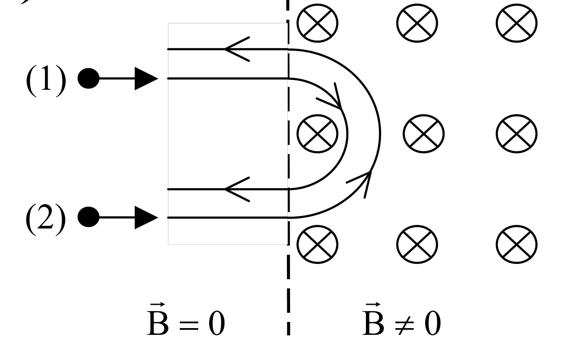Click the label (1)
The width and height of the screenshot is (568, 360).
[46, 81]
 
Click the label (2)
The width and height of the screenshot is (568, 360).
[46, 220]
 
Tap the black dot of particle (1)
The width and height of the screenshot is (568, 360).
[88, 79]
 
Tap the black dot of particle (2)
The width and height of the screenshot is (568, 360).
[88, 217]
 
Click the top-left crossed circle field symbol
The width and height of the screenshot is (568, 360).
[317, 23]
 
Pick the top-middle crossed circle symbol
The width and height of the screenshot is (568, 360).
[417, 23]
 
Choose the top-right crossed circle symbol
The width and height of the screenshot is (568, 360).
[516, 23]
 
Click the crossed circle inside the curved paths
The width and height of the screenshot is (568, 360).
[317, 134]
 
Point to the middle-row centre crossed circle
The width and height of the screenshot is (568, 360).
[424, 134]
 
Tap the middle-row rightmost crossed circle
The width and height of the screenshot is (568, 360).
[516, 134]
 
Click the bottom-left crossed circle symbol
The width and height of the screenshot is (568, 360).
[317, 244]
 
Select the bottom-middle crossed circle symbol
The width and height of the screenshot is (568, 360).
[417, 244]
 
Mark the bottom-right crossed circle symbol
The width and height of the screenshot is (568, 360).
[516, 244]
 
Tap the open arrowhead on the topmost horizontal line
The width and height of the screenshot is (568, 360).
[237, 49]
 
